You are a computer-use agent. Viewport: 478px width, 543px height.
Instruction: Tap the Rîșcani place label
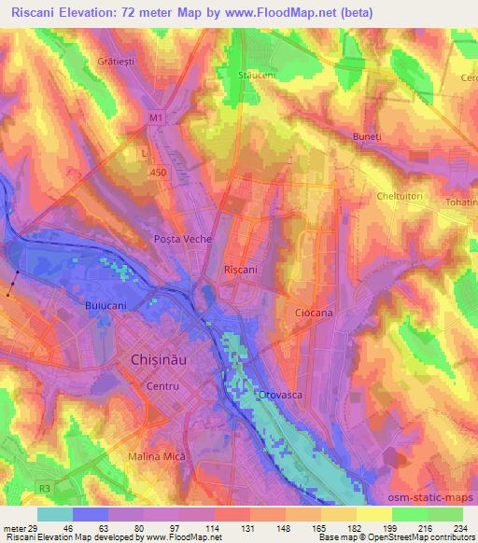[241, 269]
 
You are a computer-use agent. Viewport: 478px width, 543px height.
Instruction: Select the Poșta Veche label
[182, 240]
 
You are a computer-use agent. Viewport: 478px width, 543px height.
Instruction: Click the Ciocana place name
[314, 313]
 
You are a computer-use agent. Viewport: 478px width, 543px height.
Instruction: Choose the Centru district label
[162, 384]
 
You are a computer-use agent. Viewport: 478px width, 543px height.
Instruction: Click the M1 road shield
[154, 118]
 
